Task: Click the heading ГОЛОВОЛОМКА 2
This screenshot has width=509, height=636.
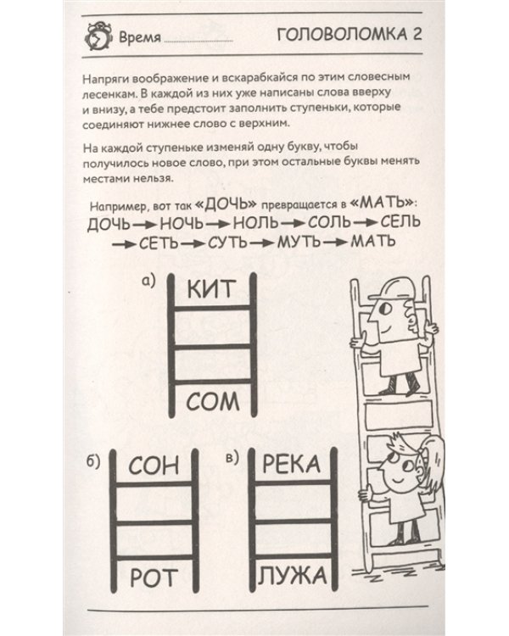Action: click(x=350, y=36)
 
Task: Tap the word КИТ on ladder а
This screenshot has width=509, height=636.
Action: click(x=212, y=289)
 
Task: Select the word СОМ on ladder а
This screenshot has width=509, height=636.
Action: click(x=213, y=399)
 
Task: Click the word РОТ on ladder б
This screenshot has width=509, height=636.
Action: click(x=154, y=578)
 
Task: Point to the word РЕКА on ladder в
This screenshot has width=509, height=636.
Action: click(x=292, y=464)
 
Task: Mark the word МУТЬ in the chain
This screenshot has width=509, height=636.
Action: click(x=300, y=244)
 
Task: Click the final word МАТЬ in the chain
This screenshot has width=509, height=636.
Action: click(x=375, y=244)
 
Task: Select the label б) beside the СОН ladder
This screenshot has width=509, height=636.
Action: click(x=95, y=461)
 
